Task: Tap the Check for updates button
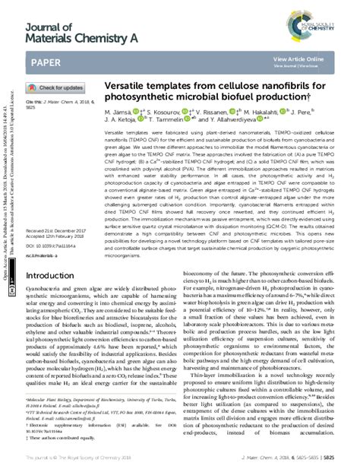[57, 90]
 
